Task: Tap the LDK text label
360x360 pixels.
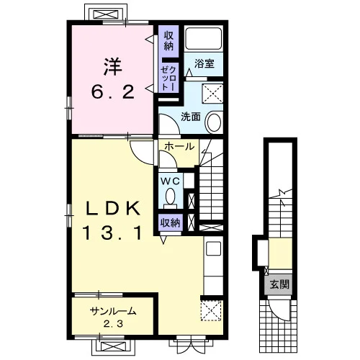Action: [113, 209]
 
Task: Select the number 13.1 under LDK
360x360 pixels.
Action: [112, 234]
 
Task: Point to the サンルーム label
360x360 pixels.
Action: [113, 312]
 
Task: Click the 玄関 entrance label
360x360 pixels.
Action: [279, 284]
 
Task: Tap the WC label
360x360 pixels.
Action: [171, 181]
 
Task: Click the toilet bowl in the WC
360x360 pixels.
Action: [171, 196]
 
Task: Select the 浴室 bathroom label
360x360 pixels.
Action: [204, 63]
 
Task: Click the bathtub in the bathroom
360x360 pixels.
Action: [204, 38]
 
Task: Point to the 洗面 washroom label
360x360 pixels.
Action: [191, 117]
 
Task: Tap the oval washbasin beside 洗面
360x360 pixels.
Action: [215, 122]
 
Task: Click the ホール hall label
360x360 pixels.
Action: [180, 146]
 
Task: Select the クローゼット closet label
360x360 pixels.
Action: [168, 78]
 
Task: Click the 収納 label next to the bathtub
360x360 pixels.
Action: [168, 41]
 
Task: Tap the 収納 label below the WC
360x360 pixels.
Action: [170, 223]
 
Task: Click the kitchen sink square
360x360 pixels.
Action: [213, 248]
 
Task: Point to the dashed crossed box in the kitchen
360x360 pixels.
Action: [211, 310]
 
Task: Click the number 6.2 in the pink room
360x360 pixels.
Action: [113, 92]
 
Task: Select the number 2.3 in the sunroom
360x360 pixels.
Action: [113, 324]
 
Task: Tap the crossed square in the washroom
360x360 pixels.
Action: [212, 94]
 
